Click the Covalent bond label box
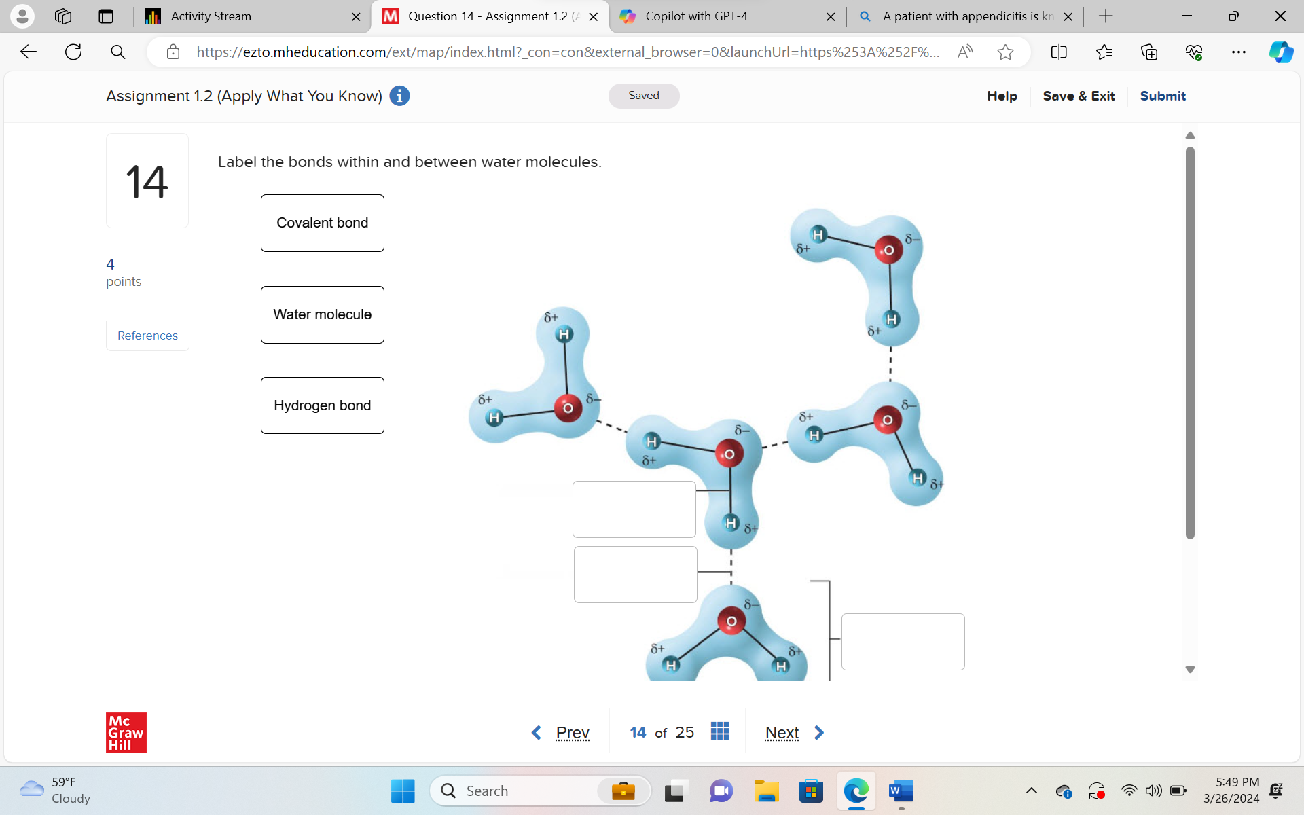(322, 223)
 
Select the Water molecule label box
(322, 314)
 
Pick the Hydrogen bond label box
(322, 405)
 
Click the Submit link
(1162, 96)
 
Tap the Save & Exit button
(1079, 96)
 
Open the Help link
(1002, 96)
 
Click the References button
(147, 336)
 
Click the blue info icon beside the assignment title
(399, 96)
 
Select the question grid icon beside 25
(719, 731)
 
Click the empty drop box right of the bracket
(903, 641)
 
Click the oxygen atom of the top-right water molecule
(888, 250)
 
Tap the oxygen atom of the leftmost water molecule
(568, 407)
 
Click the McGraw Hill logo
(126, 732)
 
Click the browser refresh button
(73, 52)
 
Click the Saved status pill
(643, 96)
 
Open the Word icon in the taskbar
(901, 791)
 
